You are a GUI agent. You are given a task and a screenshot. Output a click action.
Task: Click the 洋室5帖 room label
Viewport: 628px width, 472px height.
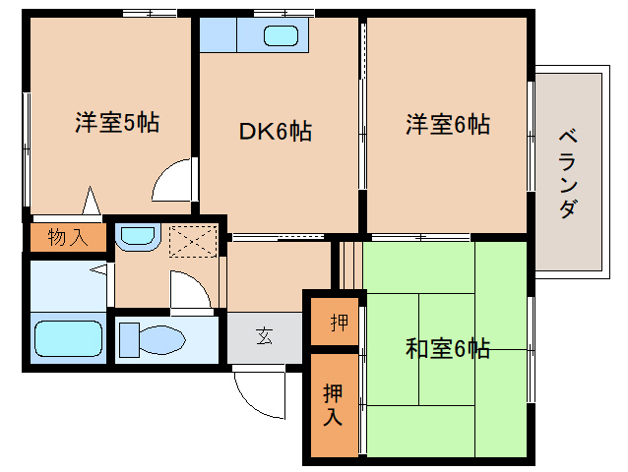117,122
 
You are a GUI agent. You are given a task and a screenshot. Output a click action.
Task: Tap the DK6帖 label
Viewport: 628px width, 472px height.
276,131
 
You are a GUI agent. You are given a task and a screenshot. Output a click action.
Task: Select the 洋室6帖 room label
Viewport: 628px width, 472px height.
448,124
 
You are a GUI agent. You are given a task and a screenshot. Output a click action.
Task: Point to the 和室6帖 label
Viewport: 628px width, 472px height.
448,348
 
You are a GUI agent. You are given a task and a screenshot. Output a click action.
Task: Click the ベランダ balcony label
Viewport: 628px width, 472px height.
569,174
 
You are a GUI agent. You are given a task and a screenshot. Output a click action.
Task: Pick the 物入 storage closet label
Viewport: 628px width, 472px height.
68,237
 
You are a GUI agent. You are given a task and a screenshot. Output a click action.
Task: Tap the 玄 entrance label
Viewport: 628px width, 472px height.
265,336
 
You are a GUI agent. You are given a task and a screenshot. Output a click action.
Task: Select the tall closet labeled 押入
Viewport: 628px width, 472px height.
333,404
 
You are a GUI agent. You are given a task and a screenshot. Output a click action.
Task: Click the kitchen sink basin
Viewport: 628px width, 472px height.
281,35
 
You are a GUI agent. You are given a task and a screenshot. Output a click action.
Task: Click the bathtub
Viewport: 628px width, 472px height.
69,339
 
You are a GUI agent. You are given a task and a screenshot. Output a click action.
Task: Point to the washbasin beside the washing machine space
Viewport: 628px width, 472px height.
138,236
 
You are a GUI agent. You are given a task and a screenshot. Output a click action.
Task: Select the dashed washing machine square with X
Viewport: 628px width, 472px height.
193,241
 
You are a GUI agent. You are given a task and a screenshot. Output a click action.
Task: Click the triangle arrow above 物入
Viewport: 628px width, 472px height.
91,201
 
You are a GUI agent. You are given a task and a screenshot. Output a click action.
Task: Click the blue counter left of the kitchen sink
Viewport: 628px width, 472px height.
218,34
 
